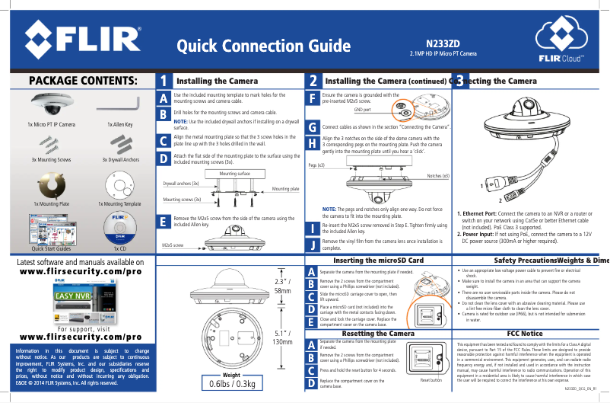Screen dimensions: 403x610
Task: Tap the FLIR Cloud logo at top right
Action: click(x=562, y=41)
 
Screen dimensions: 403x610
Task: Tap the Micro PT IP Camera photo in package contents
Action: click(x=51, y=104)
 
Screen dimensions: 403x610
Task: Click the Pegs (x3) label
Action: click(x=317, y=165)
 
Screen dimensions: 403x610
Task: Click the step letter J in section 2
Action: click(x=313, y=245)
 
